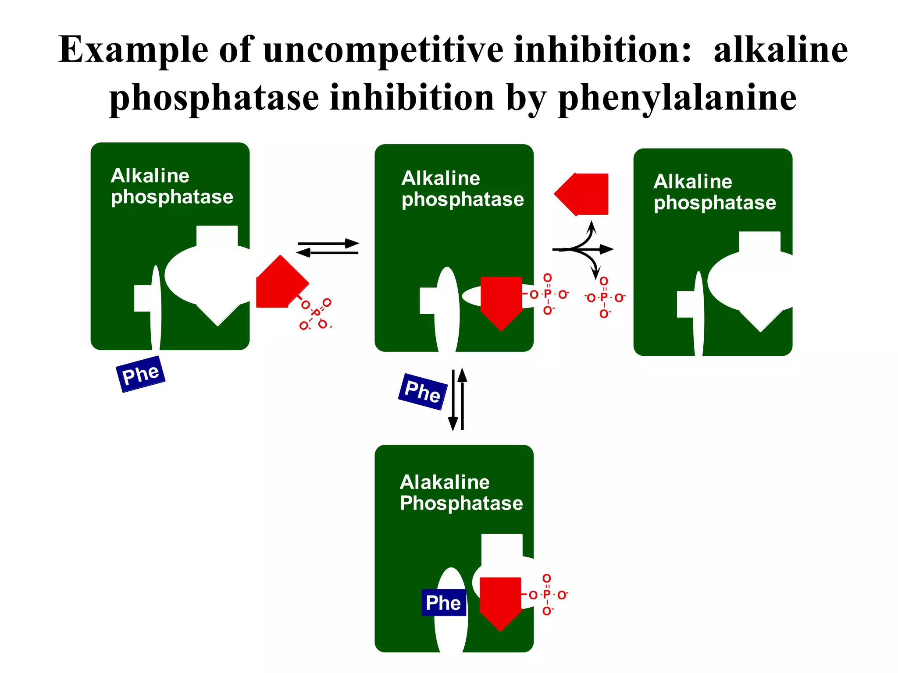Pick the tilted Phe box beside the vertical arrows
(x=422, y=391)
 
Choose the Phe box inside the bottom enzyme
(x=443, y=603)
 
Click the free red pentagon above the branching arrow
(x=583, y=194)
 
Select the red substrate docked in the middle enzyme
(x=501, y=300)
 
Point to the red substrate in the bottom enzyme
(x=500, y=601)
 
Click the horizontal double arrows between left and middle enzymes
(x=328, y=248)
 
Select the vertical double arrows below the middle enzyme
(x=457, y=399)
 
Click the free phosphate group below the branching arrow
(x=604, y=298)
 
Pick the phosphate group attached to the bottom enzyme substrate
(x=547, y=595)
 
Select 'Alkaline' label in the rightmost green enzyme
(x=692, y=181)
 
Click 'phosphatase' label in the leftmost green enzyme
(x=172, y=197)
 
